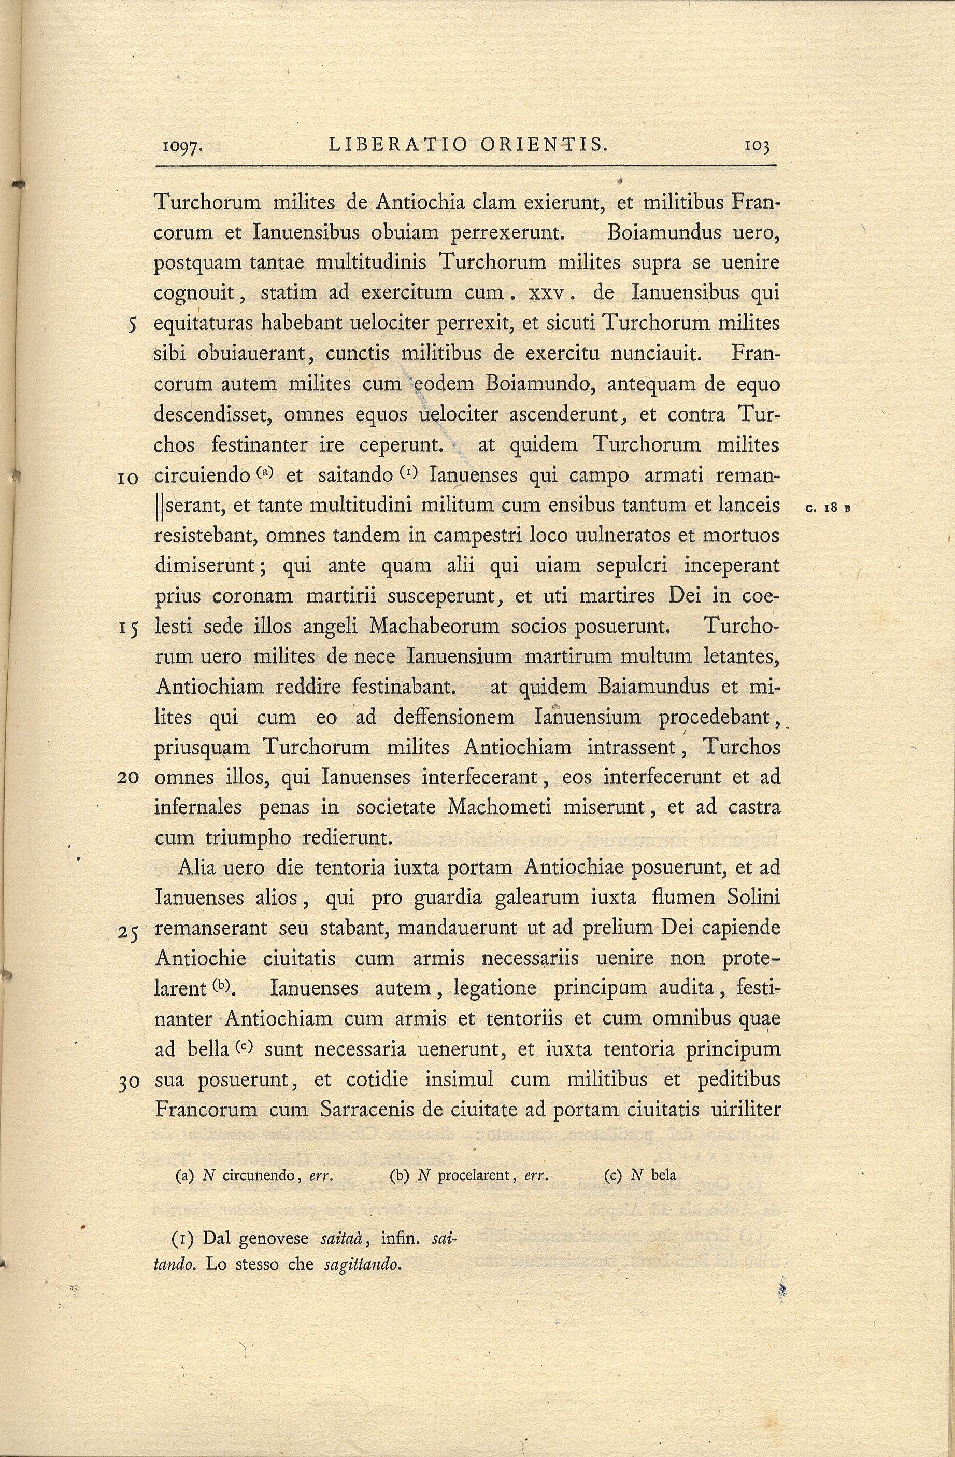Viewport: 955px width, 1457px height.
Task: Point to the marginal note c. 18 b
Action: point(829,507)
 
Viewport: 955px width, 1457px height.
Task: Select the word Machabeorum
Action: point(435,626)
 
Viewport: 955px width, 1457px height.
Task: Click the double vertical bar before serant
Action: point(159,506)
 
